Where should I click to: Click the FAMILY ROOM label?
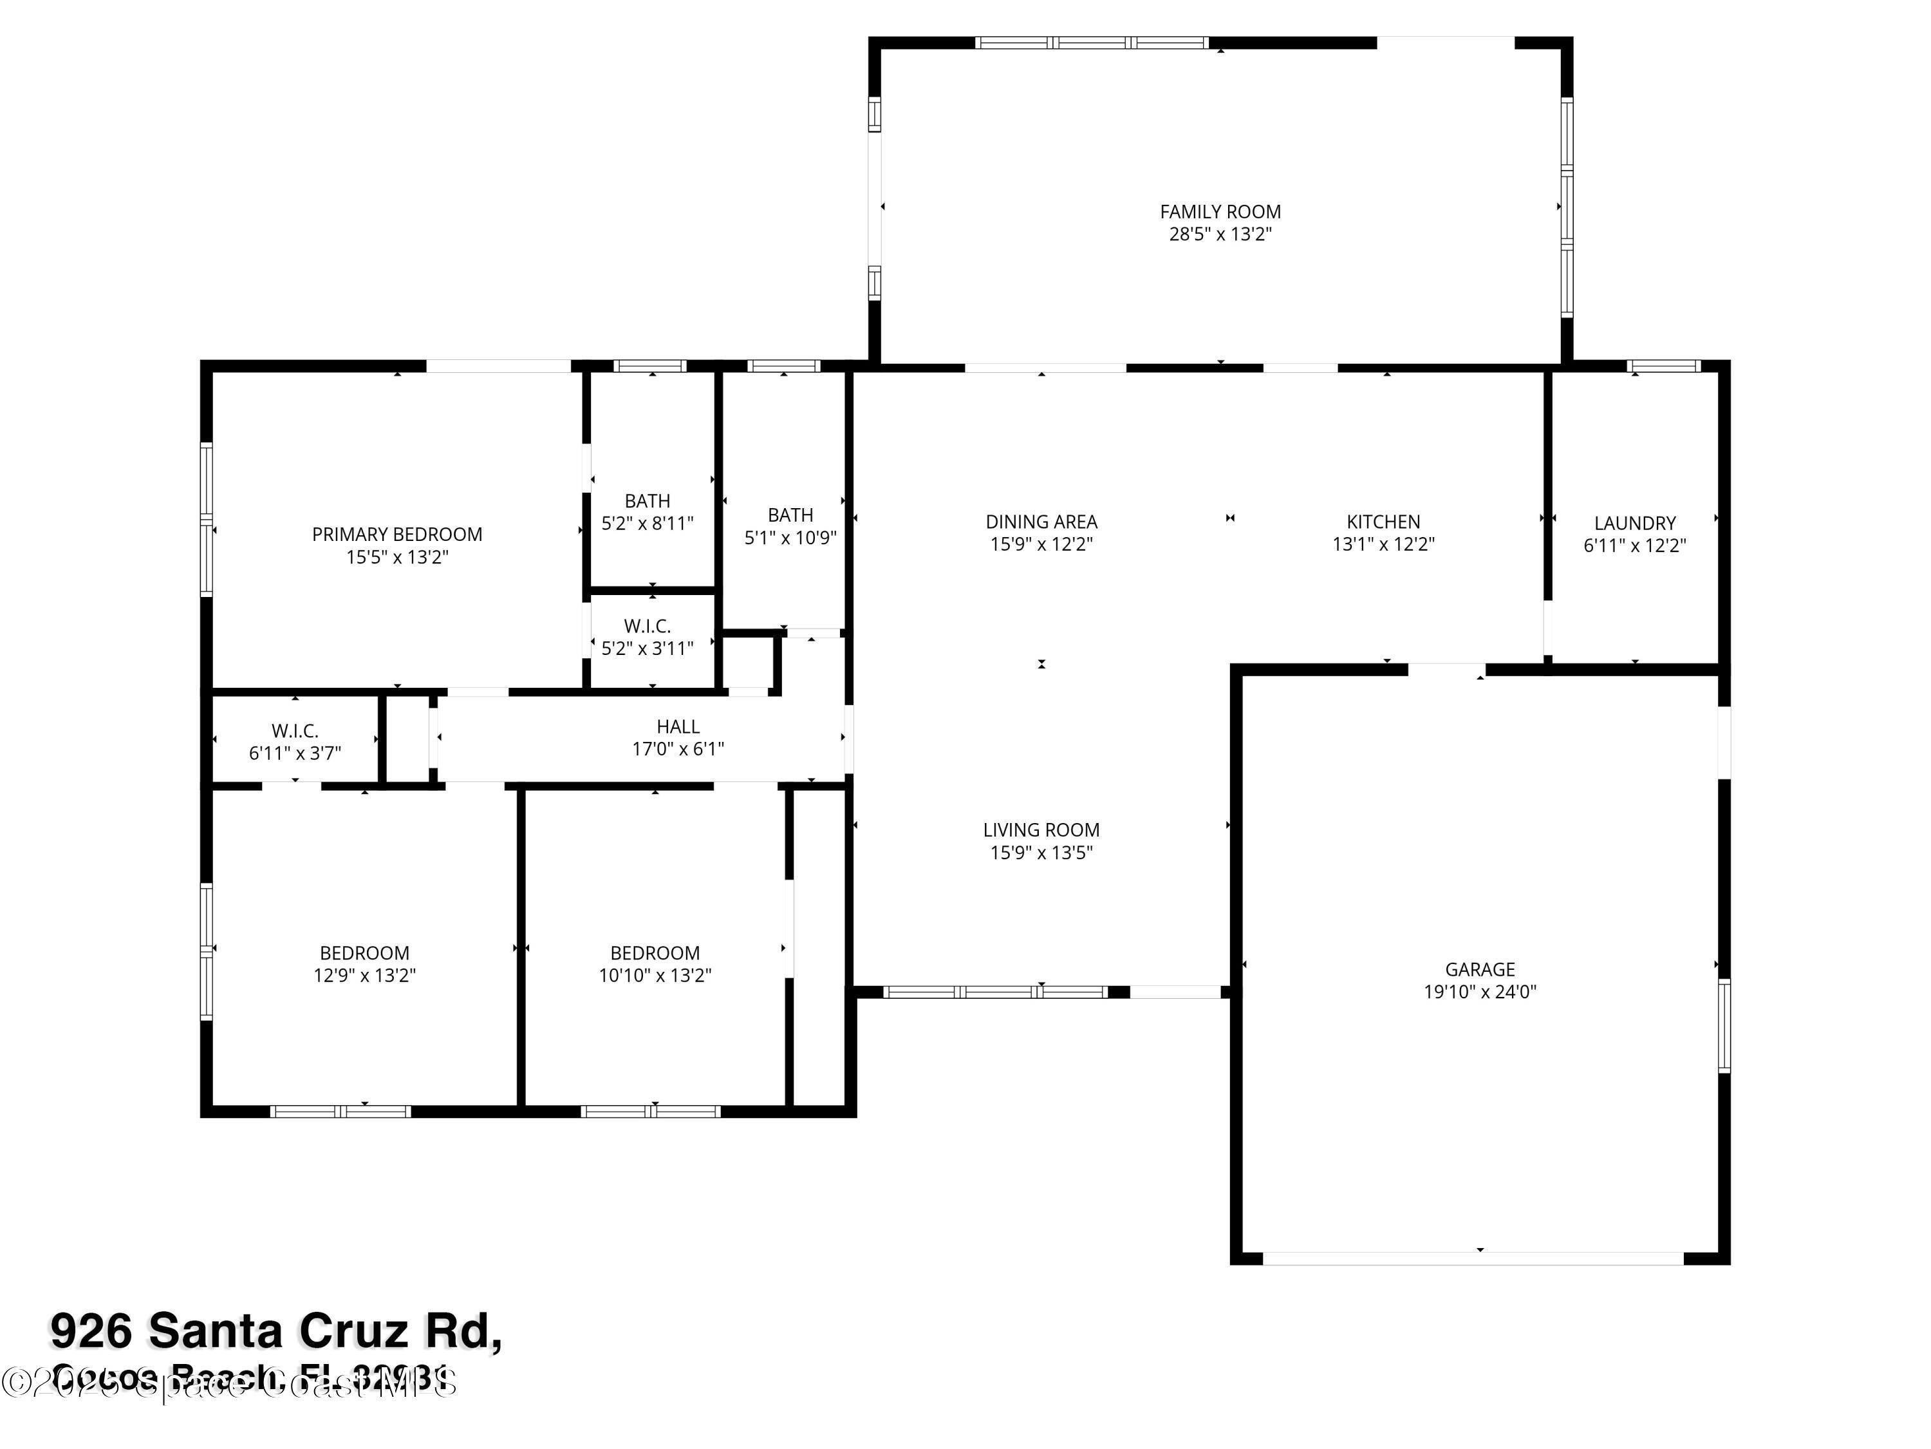click(x=1220, y=211)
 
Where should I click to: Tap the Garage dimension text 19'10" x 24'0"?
click(x=1480, y=991)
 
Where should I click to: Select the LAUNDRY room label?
click(x=1634, y=523)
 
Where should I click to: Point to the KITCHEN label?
click(x=1383, y=522)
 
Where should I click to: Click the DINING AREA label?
click(x=1041, y=522)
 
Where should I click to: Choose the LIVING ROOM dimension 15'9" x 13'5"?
click(x=1041, y=853)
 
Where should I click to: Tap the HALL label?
click(x=677, y=726)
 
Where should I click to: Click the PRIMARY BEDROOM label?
click(x=397, y=535)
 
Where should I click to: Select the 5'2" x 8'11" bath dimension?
click(x=647, y=523)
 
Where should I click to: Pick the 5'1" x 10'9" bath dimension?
click(x=790, y=538)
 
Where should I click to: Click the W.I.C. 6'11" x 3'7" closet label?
click(x=294, y=731)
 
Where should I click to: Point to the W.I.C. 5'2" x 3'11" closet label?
click(x=647, y=626)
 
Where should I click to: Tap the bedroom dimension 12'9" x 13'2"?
click(x=364, y=975)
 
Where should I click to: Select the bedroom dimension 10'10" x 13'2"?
click(x=655, y=975)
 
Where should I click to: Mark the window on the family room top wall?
click(x=1091, y=42)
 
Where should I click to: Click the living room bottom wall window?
click(x=995, y=991)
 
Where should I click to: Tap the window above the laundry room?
click(x=1663, y=366)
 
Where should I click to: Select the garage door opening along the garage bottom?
click(x=1473, y=1258)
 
